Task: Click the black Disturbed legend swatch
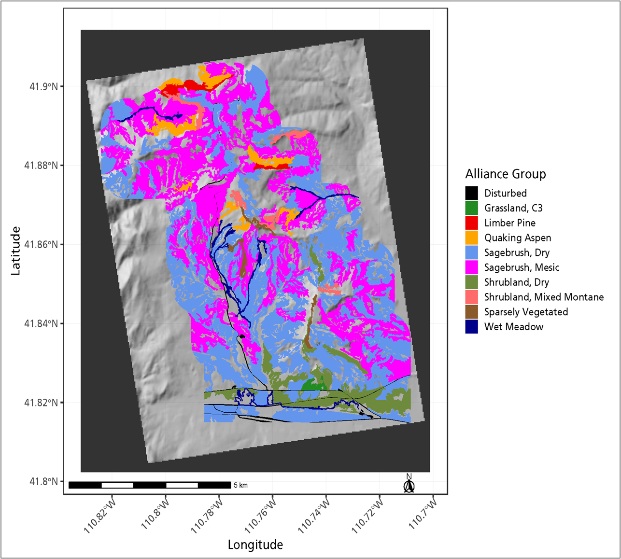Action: pyautogui.click(x=471, y=193)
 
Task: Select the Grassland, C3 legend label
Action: pyautogui.click(x=513, y=208)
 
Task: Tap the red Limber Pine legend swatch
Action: pyautogui.click(x=471, y=223)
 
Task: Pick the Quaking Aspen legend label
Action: pyautogui.click(x=517, y=238)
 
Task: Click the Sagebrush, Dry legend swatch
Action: pyautogui.click(x=471, y=252)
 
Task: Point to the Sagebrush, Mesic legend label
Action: pyautogui.click(x=522, y=267)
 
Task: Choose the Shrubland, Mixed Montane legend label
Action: pyautogui.click(x=544, y=297)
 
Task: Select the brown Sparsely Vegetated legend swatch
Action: pyautogui.click(x=471, y=312)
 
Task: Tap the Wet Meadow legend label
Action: pyautogui.click(x=514, y=327)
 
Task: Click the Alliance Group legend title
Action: pyautogui.click(x=505, y=174)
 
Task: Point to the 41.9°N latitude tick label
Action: pyautogui.click(x=43, y=86)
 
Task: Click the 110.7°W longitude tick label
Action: pyautogui.click(x=423, y=514)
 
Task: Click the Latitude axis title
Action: pyautogui.click(x=16, y=251)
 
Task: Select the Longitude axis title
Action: pyautogui.click(x=255, y=545)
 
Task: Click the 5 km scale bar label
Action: pyautogui.click(x=240, y=485)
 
